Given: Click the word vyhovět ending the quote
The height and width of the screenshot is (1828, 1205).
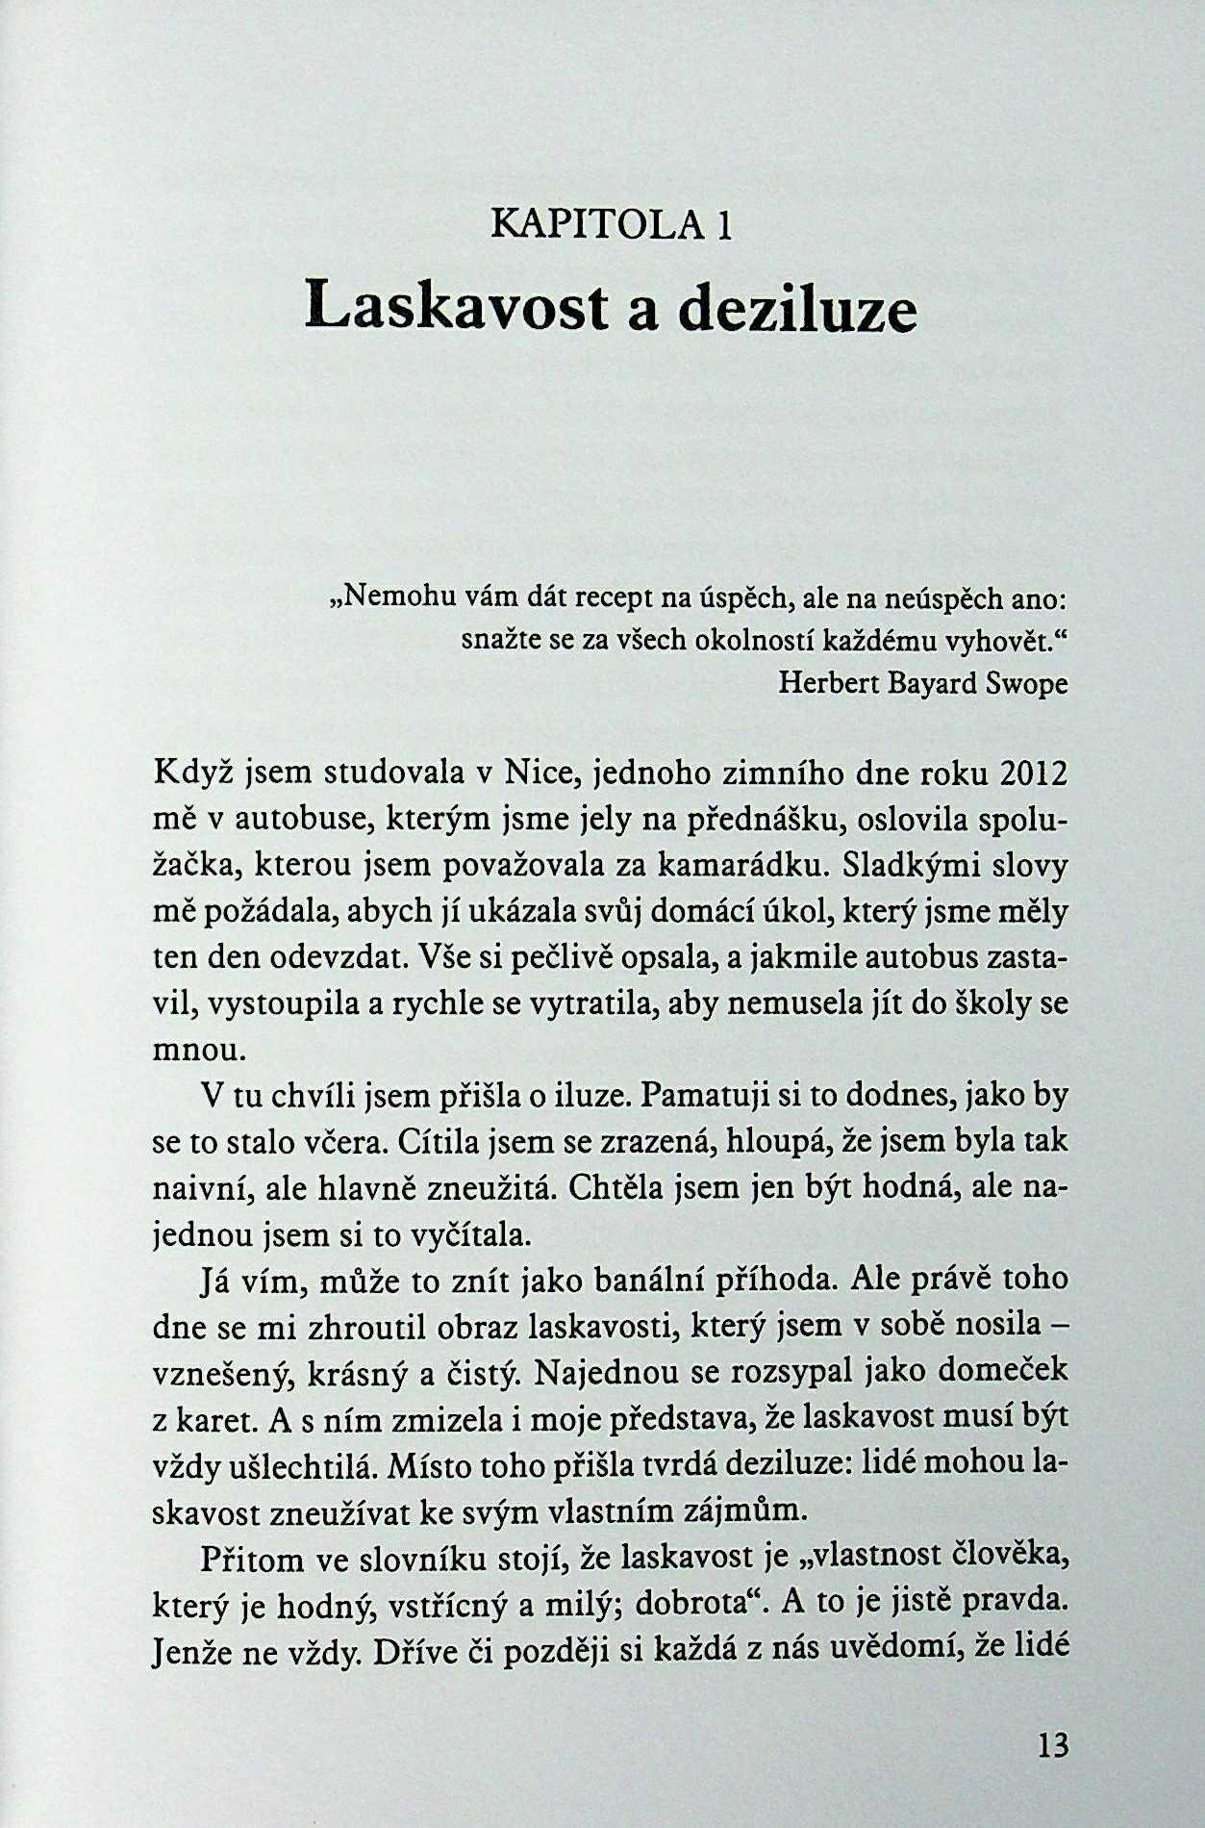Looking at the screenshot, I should [x=1000, y=641].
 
